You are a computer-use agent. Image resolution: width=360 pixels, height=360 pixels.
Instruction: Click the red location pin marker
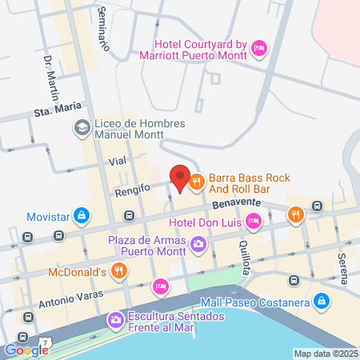click(179, 178)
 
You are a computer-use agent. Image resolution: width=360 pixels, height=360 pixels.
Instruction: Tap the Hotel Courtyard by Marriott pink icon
click(258, 49)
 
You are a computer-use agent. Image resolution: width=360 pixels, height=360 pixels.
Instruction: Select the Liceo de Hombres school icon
click(82, 129)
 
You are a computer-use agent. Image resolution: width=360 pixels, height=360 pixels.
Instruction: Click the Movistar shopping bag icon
click(82, 216)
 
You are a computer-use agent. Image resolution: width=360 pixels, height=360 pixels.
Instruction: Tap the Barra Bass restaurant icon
click(195, 183)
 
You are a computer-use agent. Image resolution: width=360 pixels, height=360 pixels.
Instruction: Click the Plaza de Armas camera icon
click(198, 244)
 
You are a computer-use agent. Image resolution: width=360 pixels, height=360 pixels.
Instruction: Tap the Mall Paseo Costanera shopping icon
click(321, 302)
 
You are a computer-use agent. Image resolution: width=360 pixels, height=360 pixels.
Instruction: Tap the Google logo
click(26, 350)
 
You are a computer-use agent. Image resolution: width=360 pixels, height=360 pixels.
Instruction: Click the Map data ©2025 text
click(324, 354)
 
